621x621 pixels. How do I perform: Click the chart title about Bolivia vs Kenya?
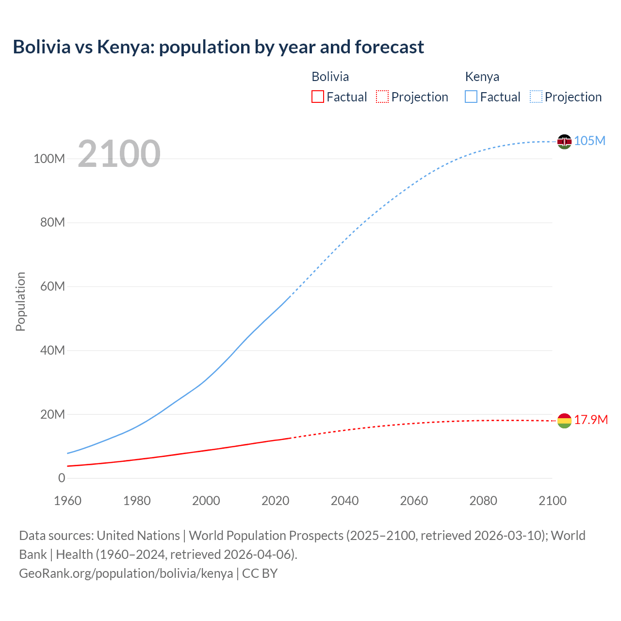218,47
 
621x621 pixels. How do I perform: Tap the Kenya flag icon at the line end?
564,142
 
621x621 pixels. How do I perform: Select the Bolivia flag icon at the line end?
564,421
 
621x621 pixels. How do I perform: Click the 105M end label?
589,141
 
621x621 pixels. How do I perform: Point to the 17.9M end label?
590,420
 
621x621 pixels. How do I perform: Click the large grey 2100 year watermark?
119,154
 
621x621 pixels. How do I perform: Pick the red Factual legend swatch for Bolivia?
318,97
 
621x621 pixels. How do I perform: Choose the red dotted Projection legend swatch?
382,97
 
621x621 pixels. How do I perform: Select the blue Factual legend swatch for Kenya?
471,97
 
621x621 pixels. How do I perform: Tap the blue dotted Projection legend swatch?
536,97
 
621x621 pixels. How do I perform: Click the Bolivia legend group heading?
330,77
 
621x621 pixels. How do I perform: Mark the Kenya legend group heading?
482,77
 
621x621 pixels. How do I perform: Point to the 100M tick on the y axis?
49,159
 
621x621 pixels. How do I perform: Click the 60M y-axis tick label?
52,286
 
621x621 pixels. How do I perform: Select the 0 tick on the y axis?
62,478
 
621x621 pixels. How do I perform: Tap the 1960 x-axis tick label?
67,501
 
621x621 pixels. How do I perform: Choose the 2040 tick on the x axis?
344,501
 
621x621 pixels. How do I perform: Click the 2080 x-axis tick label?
483,501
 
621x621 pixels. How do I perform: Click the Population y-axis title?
20,301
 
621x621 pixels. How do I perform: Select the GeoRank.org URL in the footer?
126,573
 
